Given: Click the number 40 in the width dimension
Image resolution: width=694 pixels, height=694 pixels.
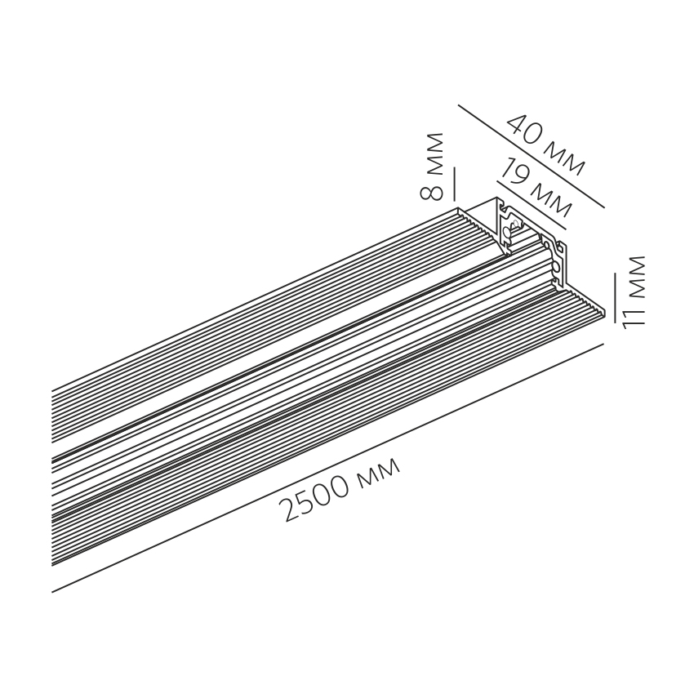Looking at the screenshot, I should pyautogui.click(x=526, y=131).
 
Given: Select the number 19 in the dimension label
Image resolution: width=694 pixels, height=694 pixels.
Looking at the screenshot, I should pyautogui.click(x=512, y=173).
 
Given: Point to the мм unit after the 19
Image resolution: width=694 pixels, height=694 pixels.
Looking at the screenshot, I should pyautogui.click(x=546, y=197).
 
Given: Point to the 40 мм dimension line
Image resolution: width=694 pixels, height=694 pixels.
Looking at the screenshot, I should pyautogui.click(x=531, y=156).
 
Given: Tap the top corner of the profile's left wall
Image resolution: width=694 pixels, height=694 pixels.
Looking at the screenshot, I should pyautogui.click(x=496, y=198).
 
